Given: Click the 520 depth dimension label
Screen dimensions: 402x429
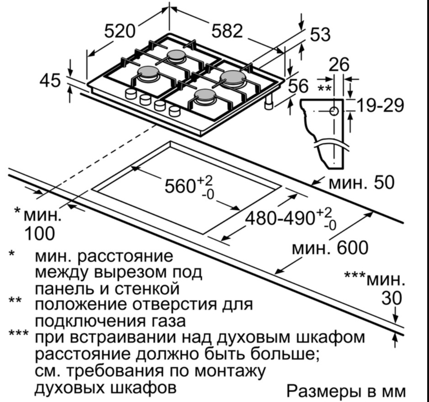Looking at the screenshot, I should coord(119,31).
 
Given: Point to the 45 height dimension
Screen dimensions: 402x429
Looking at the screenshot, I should coord(50,80).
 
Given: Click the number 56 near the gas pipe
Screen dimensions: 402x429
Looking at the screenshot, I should coord(298,87).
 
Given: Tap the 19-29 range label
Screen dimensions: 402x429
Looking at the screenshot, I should coord(380,106).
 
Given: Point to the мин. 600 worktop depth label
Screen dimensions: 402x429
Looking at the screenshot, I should coord(330,248).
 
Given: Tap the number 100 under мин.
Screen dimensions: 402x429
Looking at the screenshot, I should coord(39,233).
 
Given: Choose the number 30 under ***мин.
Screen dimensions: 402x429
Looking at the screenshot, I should coord(392,299).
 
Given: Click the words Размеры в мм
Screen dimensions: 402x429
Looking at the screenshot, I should coord(346,392).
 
